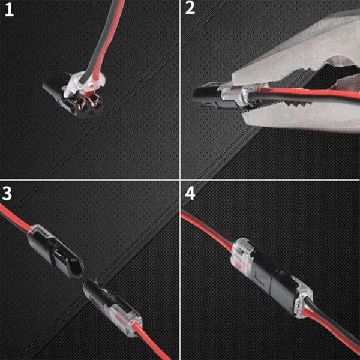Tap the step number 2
(x=190, y=10)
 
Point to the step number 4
(x=190, y=194)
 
